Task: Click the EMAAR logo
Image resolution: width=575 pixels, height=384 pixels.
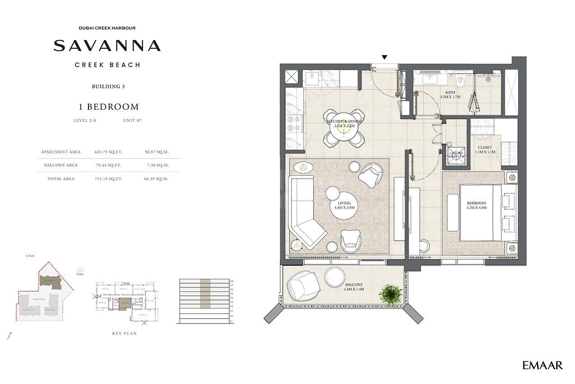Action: pos(542,365)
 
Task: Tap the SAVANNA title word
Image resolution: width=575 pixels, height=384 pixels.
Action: pos(107,46)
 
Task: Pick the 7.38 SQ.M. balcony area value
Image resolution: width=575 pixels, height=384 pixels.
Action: pos(158,165)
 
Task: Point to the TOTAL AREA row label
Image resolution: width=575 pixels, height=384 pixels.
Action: pos(60,179)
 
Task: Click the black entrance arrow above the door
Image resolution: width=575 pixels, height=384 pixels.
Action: pos(384,57)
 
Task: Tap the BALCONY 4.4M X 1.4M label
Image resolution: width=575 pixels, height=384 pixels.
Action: pos(354,287)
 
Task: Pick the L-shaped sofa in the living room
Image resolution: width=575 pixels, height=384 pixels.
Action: pos(305,212)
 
